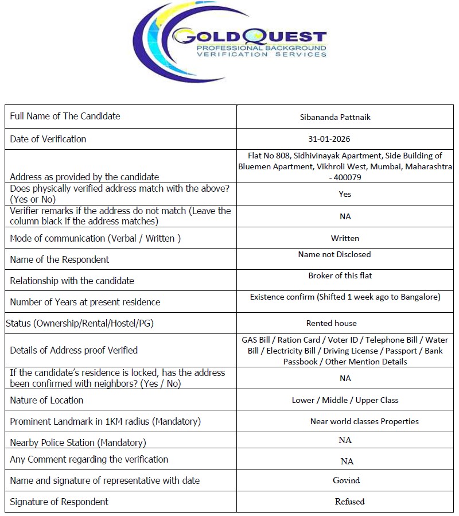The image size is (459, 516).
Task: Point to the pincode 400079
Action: click(x=347, y=177)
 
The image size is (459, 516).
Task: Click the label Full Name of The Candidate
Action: click(x=65, y=116)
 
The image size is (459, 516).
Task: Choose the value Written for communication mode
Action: click(x=345, y=238)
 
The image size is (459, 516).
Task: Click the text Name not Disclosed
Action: click(x=334, y=254)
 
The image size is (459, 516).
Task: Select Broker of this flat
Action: click(x=340, y=276)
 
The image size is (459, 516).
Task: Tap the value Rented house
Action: click(x=331, y=323)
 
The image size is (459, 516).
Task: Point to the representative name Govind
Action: click(x=347, y=480)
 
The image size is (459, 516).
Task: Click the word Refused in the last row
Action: click(x=349, y=501)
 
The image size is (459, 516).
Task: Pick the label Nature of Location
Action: click(x=46, y=400)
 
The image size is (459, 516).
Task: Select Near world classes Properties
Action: click(x=364, y=421)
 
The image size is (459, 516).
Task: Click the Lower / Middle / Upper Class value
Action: click(x=345, y=400)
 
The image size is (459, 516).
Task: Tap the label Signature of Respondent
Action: click(x=59, y=502)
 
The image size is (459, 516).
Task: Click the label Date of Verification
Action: click(x=48, y=139)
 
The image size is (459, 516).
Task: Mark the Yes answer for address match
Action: click(x=345, y=194)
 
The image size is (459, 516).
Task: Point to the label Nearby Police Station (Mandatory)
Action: click(x=78, y=443)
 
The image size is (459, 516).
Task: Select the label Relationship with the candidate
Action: click(x=72, y=281)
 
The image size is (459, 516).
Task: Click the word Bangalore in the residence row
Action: click(x=419, y=297)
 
